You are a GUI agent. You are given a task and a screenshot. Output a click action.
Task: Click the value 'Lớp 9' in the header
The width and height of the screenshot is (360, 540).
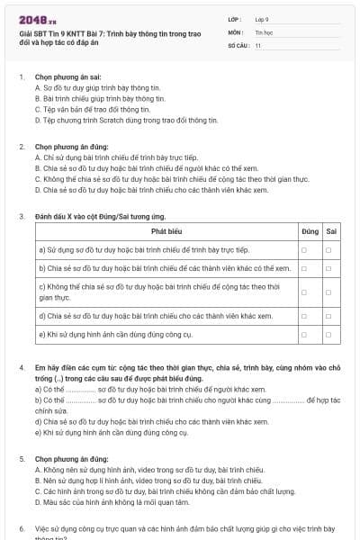262,18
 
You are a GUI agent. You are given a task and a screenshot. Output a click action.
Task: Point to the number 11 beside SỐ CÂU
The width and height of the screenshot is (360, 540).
258,44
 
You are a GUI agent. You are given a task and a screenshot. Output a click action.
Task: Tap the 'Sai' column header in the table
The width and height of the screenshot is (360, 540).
331,231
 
